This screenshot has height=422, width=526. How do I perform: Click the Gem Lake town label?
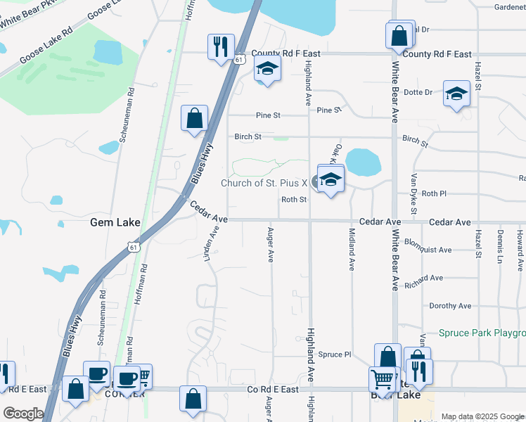click(115, 223)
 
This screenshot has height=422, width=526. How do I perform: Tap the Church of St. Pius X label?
click(264, 183)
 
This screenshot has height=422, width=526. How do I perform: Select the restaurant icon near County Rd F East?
click(221, 48)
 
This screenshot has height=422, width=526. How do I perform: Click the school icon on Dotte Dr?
click(456, 94)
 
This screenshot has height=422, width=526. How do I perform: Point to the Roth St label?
click(294, 200)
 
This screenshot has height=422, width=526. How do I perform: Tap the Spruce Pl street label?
click(335, 354)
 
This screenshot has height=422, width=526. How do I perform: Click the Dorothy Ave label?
click(450, 306)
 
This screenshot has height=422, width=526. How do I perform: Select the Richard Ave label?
click(424, 279)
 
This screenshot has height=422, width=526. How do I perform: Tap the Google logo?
click(23, 414)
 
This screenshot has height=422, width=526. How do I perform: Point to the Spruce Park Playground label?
click(482, 333)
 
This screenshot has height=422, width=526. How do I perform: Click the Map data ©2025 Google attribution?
click(482, 416)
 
